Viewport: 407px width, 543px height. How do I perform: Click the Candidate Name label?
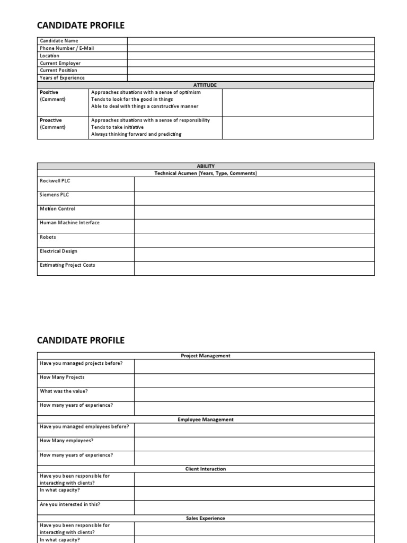pyautogui.click(x=59, y=41)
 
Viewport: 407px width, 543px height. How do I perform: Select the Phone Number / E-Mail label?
pyautogui.click(x=67, y=48)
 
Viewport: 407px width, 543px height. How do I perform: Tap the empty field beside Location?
pyautogui.click(x=250, y=56)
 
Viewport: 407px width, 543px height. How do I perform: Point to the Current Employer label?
pyautogui.click(x=60, y=63)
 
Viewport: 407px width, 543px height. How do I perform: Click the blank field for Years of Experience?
pyautogui.click(x=250, y=78)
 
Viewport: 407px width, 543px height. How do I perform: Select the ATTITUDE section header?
pyautogui.click(x=206, y=85)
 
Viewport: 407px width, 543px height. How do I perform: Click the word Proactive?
pyautogui.click(x=51, y=120)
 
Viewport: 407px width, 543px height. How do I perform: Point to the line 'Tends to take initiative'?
pyautogui.click(x=117, y=127)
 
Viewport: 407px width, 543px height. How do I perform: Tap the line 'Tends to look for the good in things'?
pyautogui.click(x=132, y=99)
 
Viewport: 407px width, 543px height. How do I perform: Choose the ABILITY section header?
pyautogui.click(x=206, y=166)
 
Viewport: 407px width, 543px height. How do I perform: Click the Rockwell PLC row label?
pyautogui.click(x=55, y=181)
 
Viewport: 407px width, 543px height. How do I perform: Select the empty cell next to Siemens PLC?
pyautogui.click(x=254, y=198)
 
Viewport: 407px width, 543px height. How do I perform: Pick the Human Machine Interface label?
pyautogui.click(x=69, y=223)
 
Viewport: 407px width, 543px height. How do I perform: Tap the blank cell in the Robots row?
pyautogui.click(x=254, y=240)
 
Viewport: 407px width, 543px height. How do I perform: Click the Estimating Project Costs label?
pyautogui.click(x=67, y=265)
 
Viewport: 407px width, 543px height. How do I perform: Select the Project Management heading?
pyautogui.click(x=206, y=356)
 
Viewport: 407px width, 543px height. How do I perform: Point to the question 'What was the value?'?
pyautogui.click(x=64, y=391)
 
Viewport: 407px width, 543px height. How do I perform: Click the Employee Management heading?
pyautogui.click(x=206, y=419)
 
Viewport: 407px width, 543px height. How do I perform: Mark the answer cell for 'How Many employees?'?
pyautogui.click(x=254, y=444)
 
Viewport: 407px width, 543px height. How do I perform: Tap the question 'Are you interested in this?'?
pyautogui.click(x=70, y=504)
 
